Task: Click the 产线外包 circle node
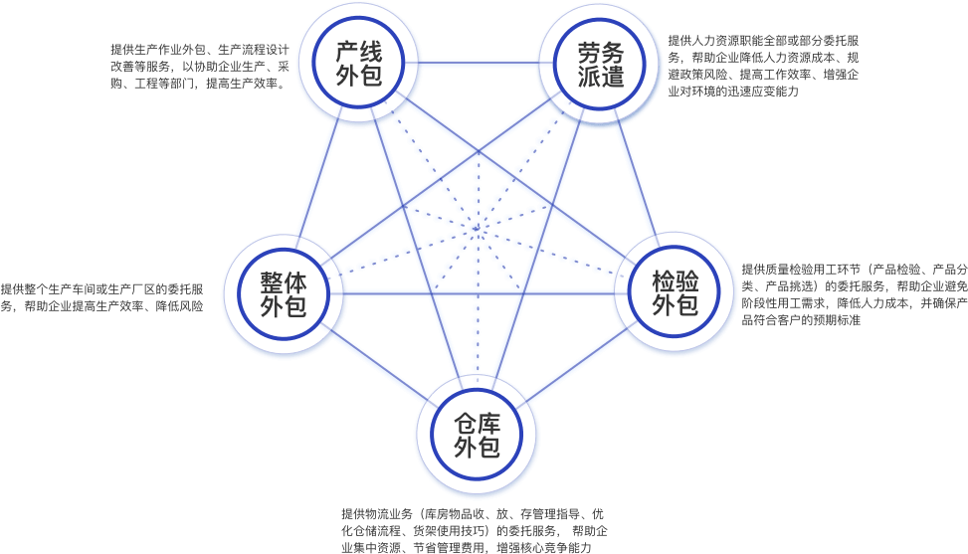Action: (x=358, y=64)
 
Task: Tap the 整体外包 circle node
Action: (x=283, y=294)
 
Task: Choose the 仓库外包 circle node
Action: (x=477, y=436)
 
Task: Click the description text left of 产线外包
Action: (x=200, y=67)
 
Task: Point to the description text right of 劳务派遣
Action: (x=765, y=67)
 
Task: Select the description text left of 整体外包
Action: (x=103, y=298)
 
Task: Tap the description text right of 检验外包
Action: (x=854, y=294)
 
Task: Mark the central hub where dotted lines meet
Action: (x=476, y=232)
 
